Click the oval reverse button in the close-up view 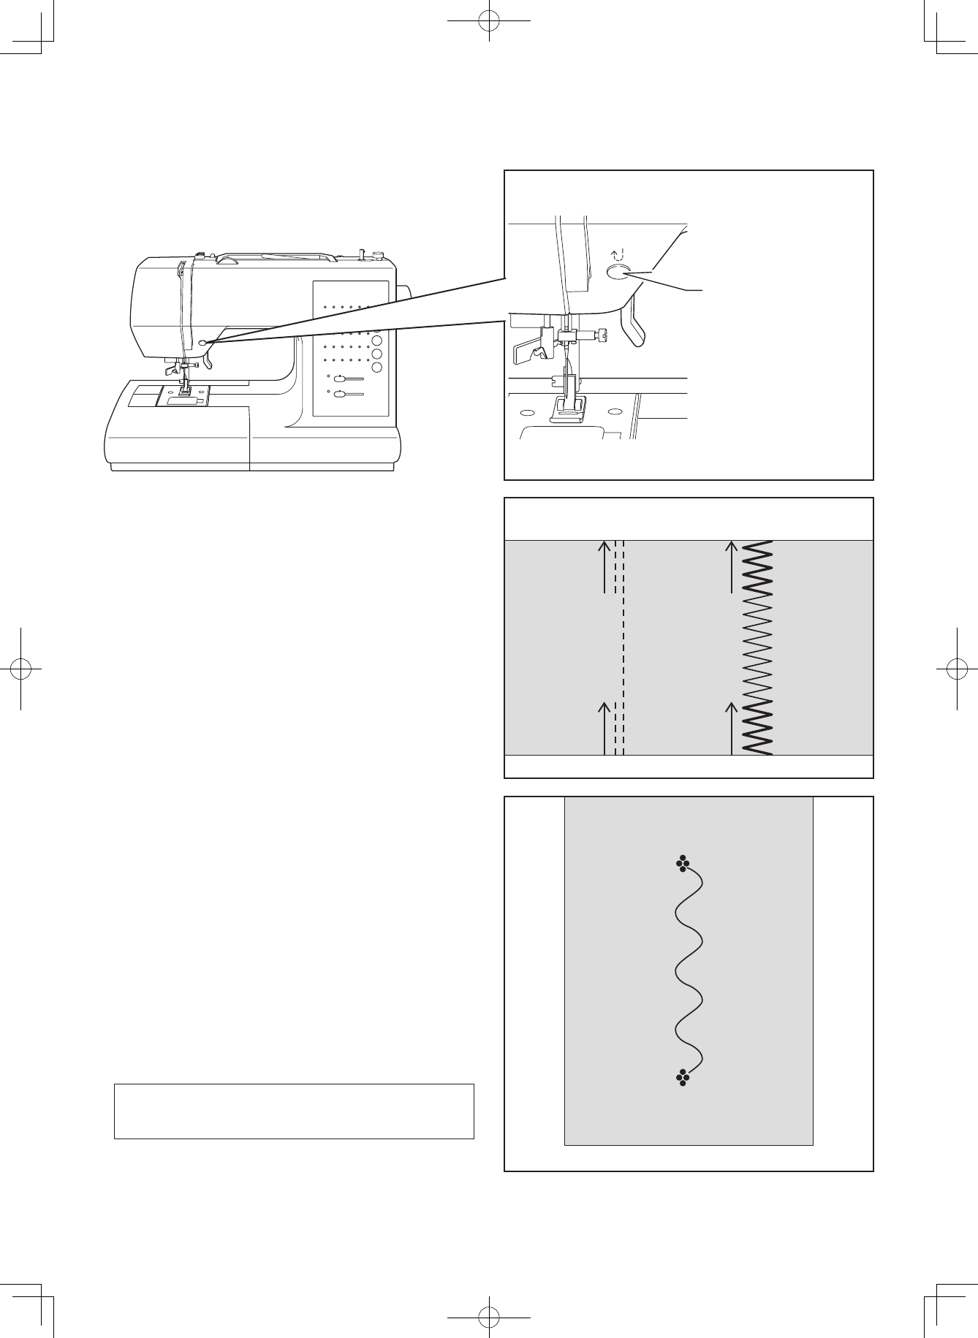(x=618, y=273)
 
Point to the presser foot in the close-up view (x=567, y=409)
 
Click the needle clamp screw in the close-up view (x=601, y=335)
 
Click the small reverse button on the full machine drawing (x=202, y=342)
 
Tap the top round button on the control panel (x=377, y=341)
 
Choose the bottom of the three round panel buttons (x=377, y=366)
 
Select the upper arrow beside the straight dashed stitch (x=604, y=567)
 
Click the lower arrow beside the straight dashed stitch (x=604, y=728)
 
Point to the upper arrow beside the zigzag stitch (x=732, y=567)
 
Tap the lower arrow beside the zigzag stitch (x=732, y=728)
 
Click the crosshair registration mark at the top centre (x=488, y=22)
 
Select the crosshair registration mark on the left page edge (x=22, y=668)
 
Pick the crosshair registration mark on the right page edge (x=956, y=668)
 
